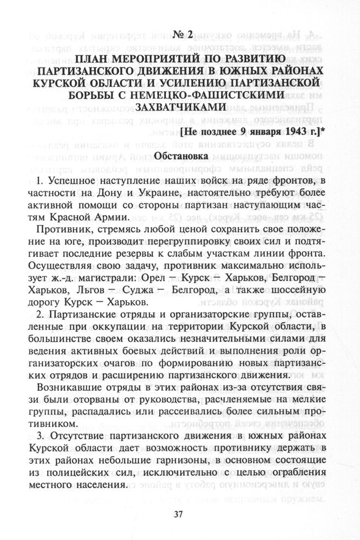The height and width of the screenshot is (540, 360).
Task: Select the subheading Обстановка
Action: [182, 156]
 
